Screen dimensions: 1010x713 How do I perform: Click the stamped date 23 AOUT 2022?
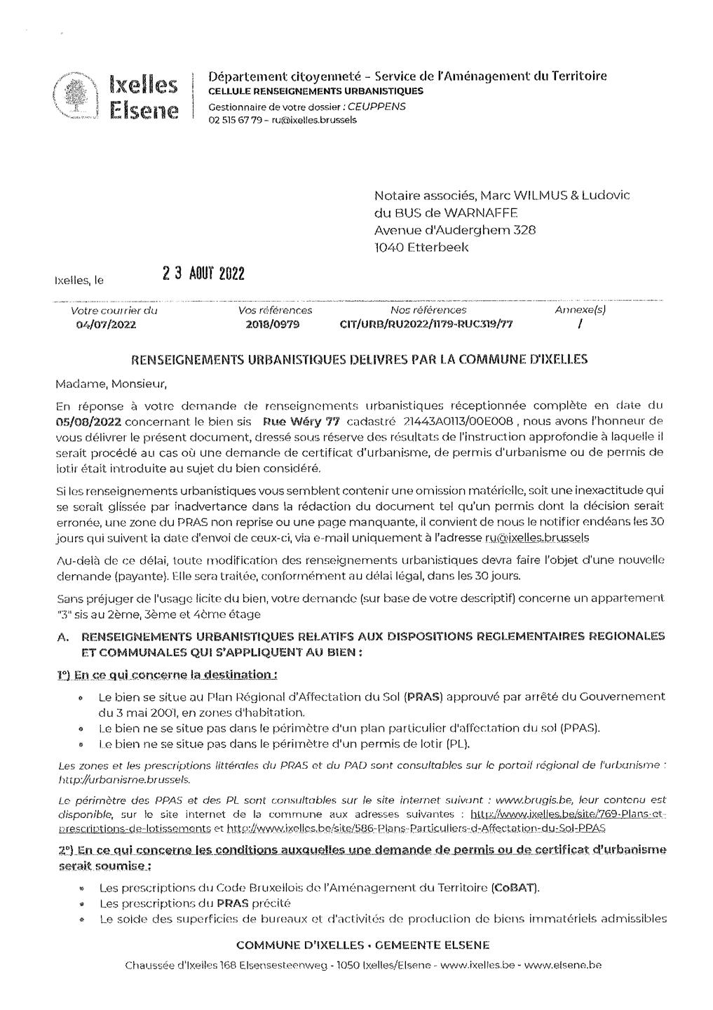(203, 273)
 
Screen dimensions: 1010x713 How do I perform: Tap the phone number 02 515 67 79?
(234, 120)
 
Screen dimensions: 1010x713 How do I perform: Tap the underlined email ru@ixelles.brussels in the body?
(537, 537)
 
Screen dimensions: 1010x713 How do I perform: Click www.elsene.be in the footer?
(563, 965)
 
